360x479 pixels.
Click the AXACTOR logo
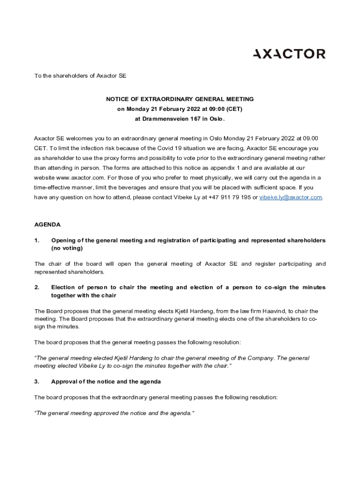(x=289, y=54)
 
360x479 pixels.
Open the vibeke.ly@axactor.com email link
(x=290, y=197)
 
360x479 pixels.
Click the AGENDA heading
(x=48, y=225)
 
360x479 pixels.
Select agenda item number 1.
(x=37, y=240)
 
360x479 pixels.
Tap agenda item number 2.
(x=37, y=287)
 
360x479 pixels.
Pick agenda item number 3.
(x=37, y=382)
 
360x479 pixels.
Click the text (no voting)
(x=67, y=248)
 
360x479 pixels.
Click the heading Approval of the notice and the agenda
(x=106, y=382)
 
